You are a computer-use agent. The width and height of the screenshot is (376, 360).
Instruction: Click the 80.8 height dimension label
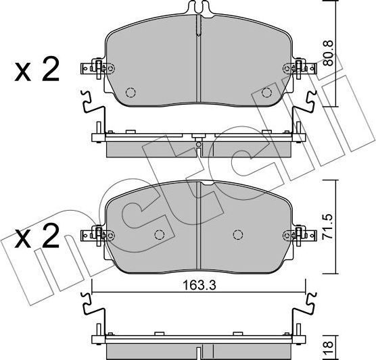tap(328, 53)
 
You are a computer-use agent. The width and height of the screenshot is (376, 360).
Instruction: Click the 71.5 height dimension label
tap(328, 226)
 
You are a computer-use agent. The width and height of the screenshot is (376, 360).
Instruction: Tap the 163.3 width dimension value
tap(199, 285)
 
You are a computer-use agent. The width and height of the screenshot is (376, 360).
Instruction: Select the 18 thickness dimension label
tap(329, 344)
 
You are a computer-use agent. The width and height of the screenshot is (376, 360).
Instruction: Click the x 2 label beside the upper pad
tap(37, 69)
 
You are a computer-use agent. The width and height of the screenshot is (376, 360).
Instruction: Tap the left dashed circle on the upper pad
tap(131, 93)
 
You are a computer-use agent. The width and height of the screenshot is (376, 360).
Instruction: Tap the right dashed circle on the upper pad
tap(266, 93)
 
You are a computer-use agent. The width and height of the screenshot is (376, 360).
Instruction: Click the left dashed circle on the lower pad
tap(160, 234)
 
